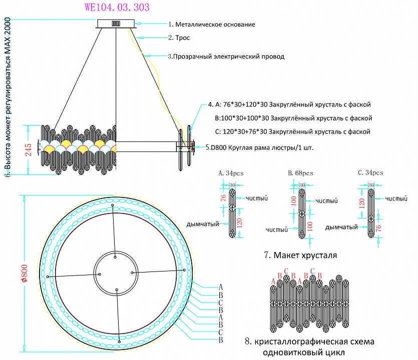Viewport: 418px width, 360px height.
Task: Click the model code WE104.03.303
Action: [117, 7]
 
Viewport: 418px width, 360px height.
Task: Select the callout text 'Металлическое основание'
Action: [215, 24]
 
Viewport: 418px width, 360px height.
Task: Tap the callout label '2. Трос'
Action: [179, 37]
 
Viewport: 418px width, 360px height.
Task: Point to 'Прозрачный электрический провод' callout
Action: [228, 56]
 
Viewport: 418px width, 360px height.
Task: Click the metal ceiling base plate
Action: [116, 23]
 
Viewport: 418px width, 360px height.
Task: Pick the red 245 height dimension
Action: [28, 149]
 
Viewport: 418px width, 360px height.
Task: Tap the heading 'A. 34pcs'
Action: [231, 173]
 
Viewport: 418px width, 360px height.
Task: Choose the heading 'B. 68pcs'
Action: [300, 173]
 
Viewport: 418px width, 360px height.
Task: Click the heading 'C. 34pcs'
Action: [370, 173]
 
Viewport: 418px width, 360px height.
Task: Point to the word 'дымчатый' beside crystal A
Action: [202, 223]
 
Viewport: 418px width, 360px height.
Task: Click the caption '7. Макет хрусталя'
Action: [300, 255]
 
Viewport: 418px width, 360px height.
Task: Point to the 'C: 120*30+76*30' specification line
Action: [292, 131]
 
